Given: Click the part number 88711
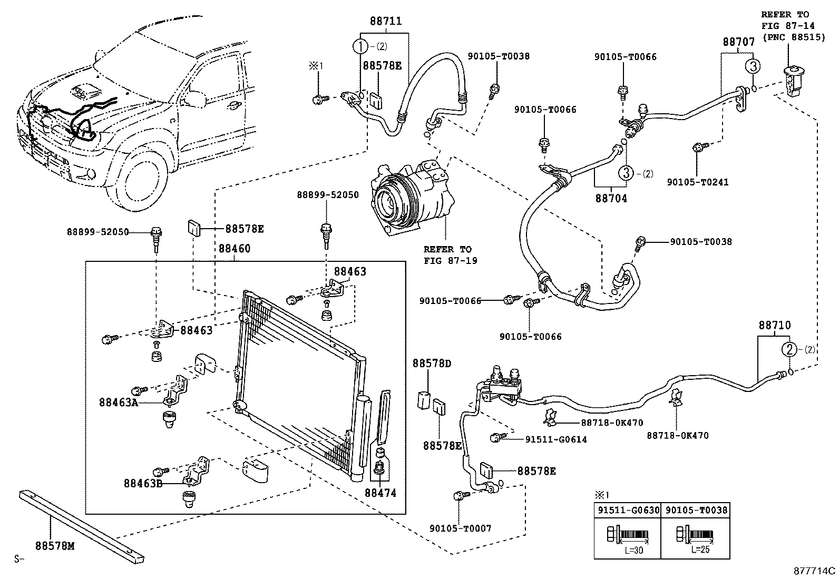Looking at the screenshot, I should coord(386,22).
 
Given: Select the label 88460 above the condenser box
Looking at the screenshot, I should coord(235,249).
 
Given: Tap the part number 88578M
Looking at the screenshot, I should coord(55,546).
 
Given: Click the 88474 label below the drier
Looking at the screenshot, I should coord(380,493).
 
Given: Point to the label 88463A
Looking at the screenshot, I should coord(118,403).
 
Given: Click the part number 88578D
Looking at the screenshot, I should coord(432,364).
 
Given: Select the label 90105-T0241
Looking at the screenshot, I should coord(698,182).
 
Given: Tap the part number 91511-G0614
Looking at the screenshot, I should coord(555,439).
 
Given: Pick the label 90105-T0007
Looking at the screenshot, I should coord(460,528).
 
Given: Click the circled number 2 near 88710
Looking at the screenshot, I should coord(789,349).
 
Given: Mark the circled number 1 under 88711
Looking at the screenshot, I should coord(361,46).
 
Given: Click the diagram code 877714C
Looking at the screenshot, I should coord(815,570).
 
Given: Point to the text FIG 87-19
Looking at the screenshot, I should coord(451,260).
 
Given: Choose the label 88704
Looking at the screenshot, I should coord(611,199).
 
